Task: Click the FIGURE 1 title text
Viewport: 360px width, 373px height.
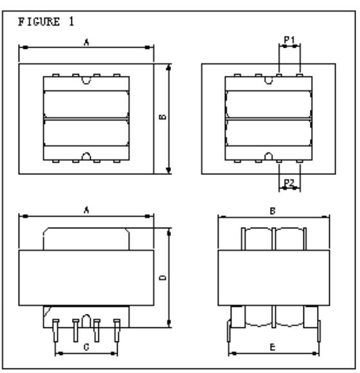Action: [46, 22]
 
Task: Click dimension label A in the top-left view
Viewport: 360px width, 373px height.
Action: [87, 42]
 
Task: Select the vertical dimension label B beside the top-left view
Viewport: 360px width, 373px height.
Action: [163, 117]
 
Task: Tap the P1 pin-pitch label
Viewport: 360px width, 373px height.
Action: [289, 39]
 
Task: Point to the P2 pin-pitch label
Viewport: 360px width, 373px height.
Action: [289, 183]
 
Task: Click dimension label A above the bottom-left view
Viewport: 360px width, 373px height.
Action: [87, 210]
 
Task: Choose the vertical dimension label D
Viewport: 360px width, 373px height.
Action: [163, 277]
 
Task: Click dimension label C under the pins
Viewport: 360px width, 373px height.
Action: [86, 347]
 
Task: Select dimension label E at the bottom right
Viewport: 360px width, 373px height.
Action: [273, 347]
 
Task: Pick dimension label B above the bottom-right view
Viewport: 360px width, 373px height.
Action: [273, 211]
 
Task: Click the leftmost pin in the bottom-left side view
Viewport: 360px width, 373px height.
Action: [56, 331]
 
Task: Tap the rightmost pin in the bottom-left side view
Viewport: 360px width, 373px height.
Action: [117, 331]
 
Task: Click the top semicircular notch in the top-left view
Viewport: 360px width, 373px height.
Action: [86, 80]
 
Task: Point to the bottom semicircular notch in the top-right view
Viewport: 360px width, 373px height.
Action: [269, 156]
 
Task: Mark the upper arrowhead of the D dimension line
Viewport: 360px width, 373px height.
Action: [169, 232]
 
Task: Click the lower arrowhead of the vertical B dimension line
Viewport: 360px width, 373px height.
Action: [169, 170]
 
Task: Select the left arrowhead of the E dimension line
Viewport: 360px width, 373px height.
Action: [233, 354]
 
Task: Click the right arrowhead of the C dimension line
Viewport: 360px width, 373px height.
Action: [114, 354]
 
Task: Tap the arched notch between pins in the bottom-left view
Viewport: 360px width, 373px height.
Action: [86, 321]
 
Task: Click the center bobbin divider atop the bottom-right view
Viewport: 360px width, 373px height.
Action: [274, 239]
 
